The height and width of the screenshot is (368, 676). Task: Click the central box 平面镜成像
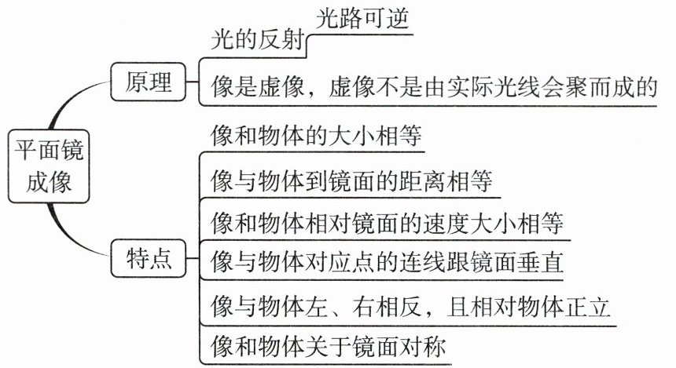tap(49, 166)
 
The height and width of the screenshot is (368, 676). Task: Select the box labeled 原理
tap(149, 82)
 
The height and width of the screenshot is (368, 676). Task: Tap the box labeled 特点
tap(149, 258)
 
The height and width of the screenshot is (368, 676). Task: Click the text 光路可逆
tap(362, 19)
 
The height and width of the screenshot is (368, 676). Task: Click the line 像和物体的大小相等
tap(316, 135)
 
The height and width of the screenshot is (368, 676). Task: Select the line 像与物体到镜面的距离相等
tap(351, 180)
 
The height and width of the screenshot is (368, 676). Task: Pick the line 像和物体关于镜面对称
tap(328, 347)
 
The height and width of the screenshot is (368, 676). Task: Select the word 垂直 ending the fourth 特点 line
tap(540, 261)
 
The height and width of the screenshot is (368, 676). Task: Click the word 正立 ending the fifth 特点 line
tap(586, 307)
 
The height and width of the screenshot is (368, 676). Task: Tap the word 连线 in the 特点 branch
tap(422, 261)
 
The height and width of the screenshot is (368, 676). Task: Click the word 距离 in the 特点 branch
tap(422, 180)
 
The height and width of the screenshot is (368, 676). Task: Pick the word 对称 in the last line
tap(422, 347)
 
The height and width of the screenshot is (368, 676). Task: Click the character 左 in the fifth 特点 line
tap(317, 307)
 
